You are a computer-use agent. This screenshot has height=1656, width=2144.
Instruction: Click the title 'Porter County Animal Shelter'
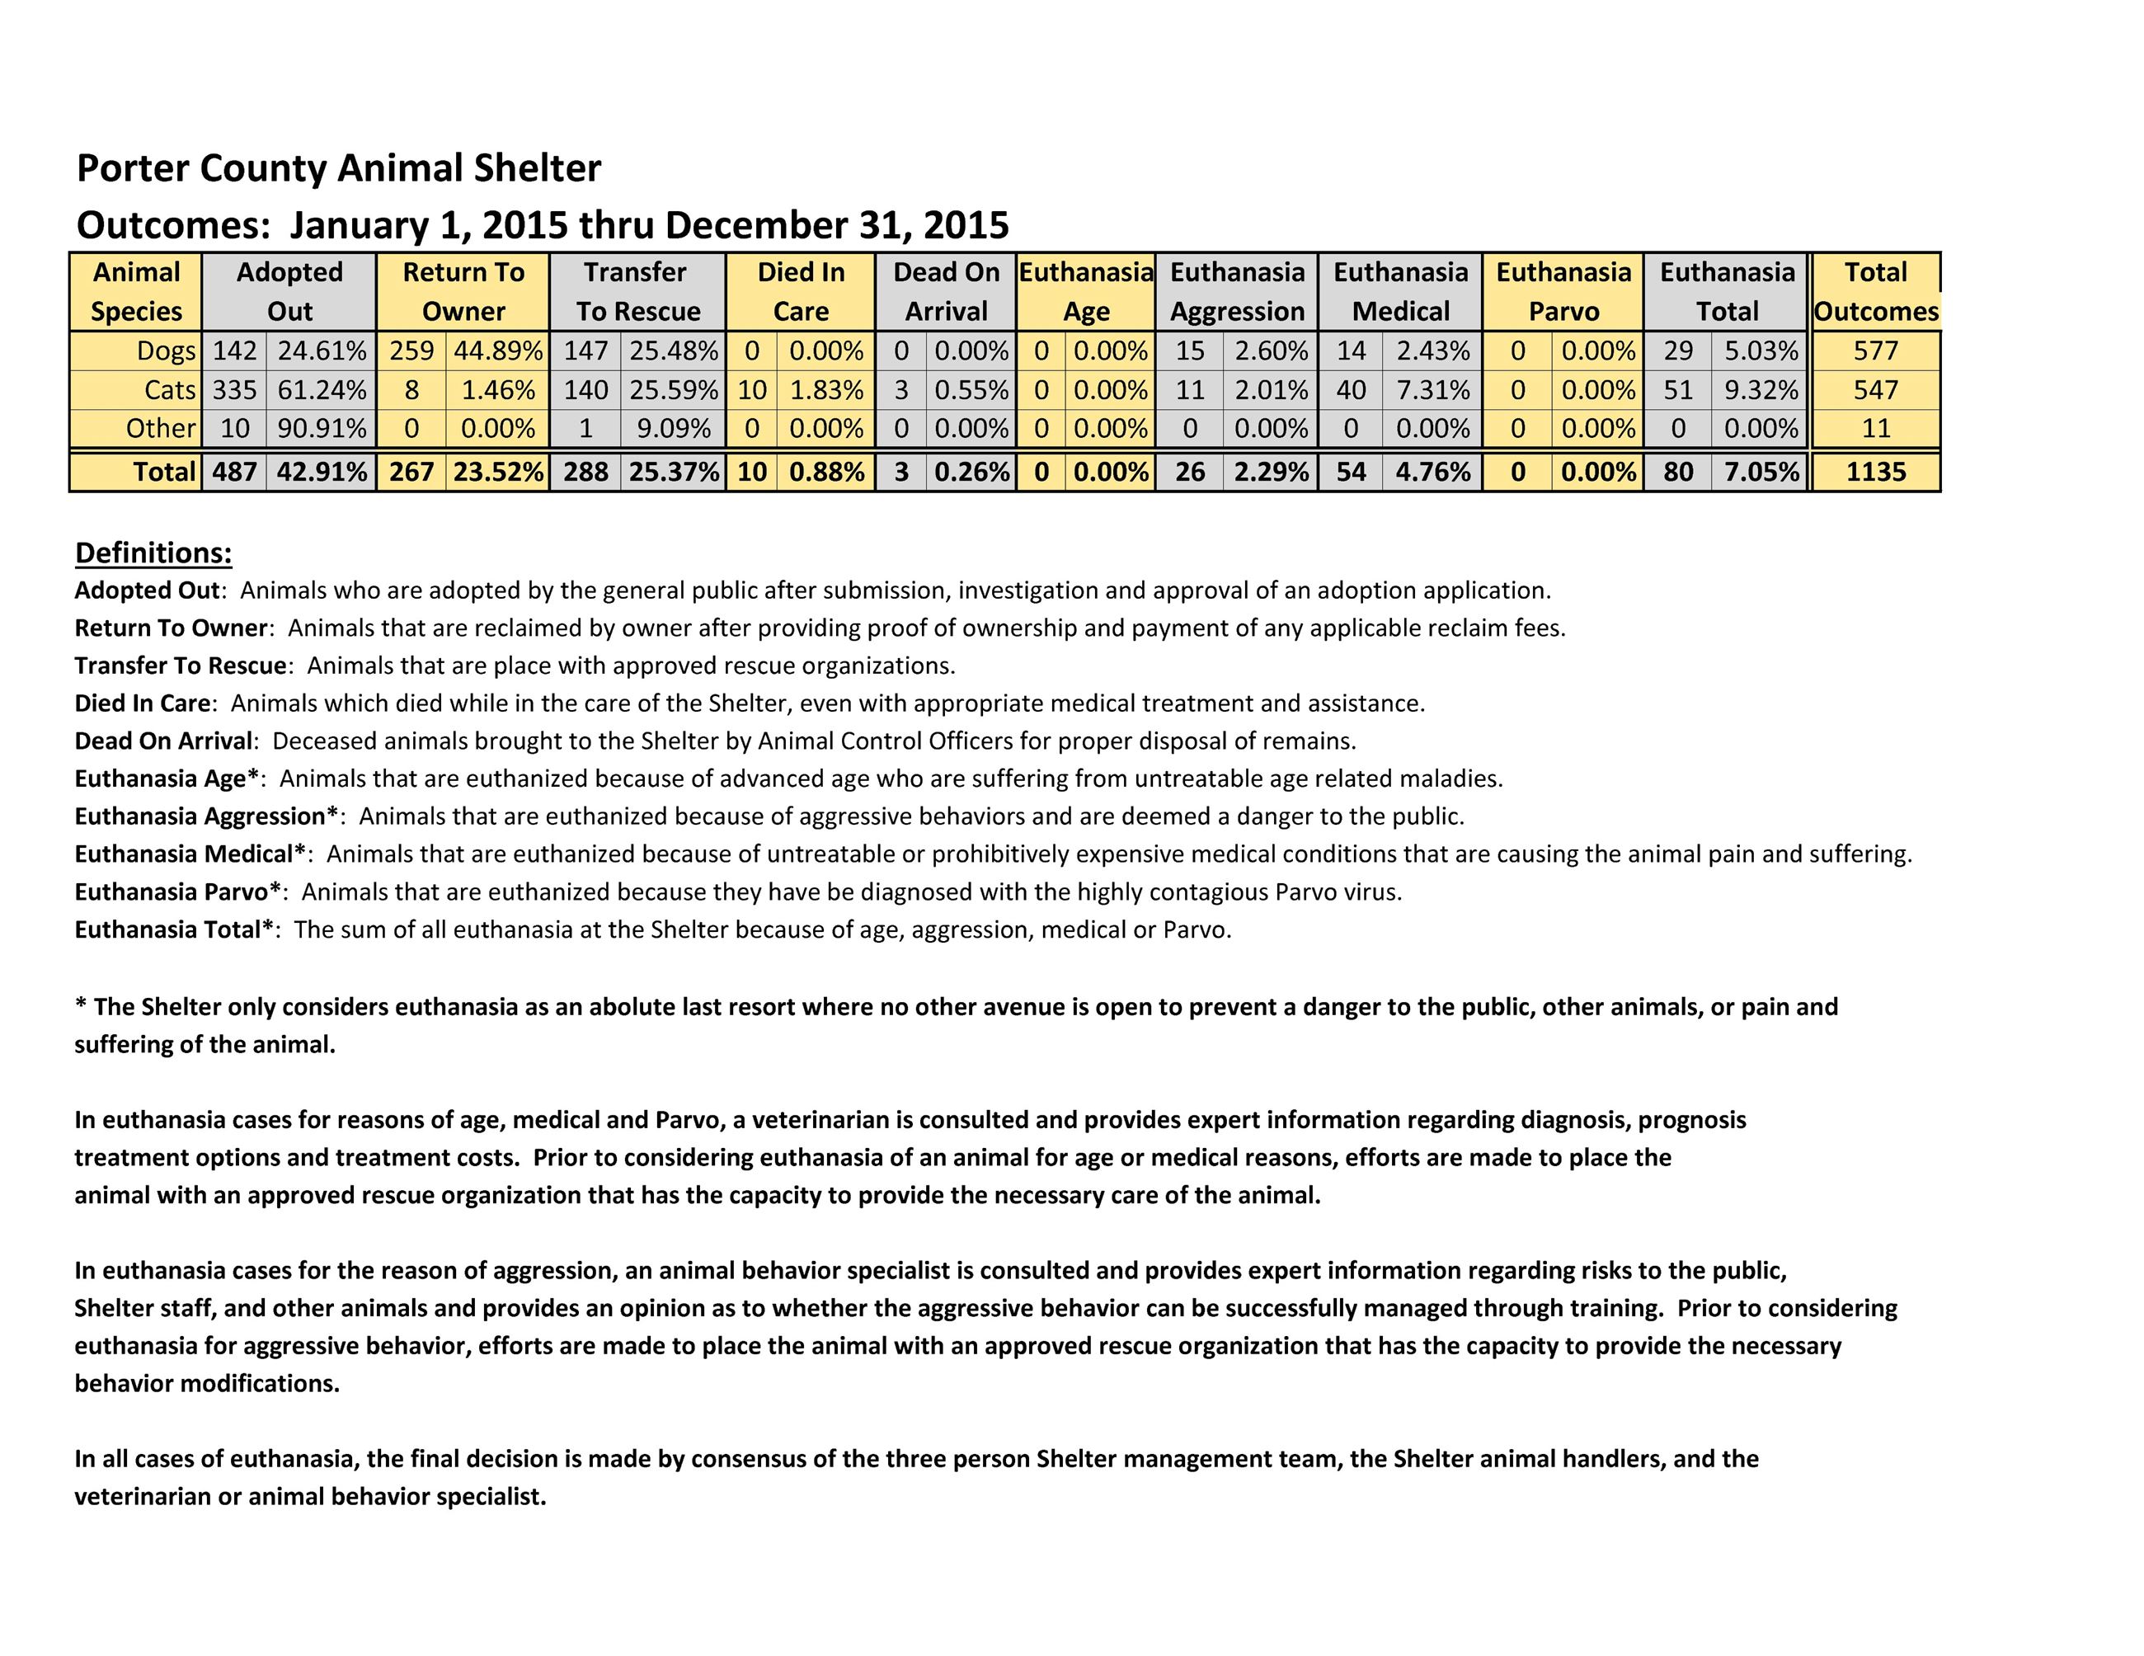[x=338, y=168]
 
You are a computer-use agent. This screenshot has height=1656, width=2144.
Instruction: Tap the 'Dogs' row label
[x=166, y=350]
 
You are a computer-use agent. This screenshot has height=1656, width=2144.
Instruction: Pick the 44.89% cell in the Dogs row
[x=496, y=350]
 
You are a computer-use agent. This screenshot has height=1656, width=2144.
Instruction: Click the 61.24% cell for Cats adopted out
[x=321, y=390]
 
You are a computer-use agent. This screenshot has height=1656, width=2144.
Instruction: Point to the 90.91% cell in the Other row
[x=321, y=428]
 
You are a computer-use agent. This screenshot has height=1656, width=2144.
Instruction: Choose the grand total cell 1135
[x=1875, y=473]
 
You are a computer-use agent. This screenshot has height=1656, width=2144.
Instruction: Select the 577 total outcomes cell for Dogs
[x=1875, y=350]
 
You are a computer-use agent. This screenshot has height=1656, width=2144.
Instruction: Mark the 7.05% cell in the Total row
[x=1761, y=473]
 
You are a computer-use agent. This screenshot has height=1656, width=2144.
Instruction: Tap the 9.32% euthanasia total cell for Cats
[x=1761, y=390]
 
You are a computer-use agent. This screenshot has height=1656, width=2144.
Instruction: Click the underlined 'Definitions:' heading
[x=153, y=553]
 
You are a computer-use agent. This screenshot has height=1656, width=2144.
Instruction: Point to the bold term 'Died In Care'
[x=143, y=703]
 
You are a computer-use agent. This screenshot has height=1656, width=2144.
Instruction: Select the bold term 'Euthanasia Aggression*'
[x=207, y=816]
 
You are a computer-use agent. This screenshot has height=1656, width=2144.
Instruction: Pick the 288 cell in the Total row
[x=585, y=473]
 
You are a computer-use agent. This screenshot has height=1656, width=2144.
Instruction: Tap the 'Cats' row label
[x=170, y=390]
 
